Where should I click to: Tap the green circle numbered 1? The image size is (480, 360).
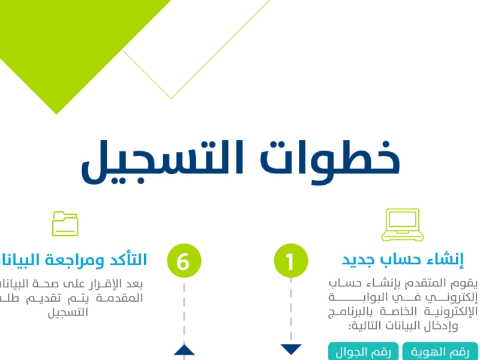coord(291,262)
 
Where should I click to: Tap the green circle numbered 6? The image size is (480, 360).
coord(184,262)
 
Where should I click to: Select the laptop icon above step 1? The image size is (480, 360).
coord(398,224)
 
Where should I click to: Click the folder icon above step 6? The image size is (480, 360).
coord(65,223)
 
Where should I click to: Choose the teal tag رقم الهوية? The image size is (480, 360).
coord(440,352)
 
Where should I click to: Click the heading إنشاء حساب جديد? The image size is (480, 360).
coord(403,260)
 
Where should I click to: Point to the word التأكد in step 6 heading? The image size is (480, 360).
coord(125,260)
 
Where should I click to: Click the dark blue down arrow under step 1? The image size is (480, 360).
coord(291,349)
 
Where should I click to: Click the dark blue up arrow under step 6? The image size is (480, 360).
coord(184,350)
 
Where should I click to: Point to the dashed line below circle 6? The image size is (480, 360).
coord(184,312)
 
